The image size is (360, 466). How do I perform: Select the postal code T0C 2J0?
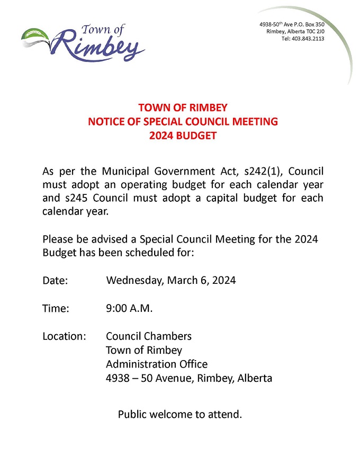click(313, 32)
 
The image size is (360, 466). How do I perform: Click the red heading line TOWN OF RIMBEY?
click(183, 108)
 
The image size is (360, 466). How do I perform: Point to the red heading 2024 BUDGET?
click(183, 136)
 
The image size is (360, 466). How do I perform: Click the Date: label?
click(55, 281)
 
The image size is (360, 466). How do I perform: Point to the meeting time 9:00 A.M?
click(129, 308)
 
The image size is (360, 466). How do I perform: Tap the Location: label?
click(64, 336)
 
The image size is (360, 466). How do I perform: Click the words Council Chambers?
click(149, 336)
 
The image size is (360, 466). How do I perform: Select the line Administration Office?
click(157, 364)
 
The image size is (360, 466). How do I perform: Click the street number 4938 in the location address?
click(116, 378)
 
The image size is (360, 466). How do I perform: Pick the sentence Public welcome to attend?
click(180, 414)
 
